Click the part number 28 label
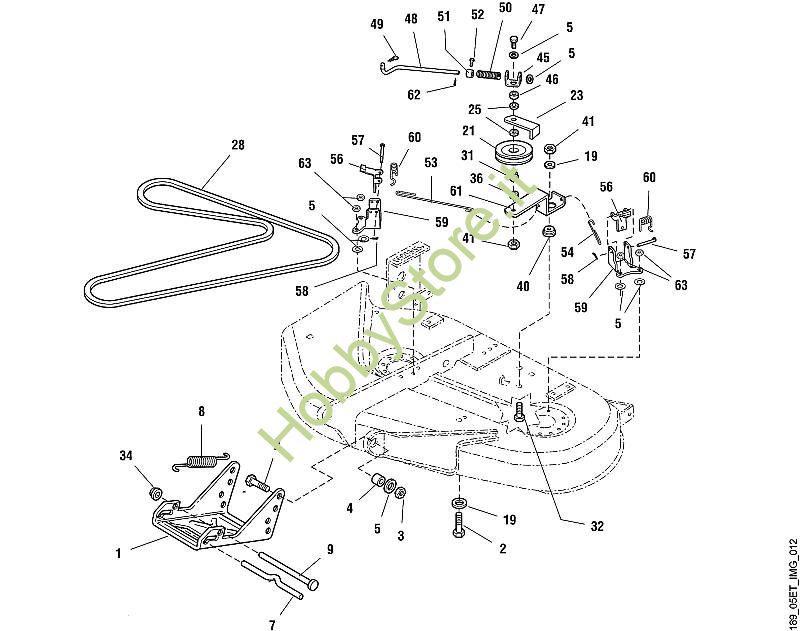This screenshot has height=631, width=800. tap(238, 145)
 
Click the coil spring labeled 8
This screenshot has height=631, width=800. tap(201, 461)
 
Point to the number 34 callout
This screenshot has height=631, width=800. tap(126, 455)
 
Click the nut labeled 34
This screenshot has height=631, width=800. tap(155, 493)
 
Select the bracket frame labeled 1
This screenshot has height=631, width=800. tap(217, 510)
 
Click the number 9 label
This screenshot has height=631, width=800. tap(330, 549)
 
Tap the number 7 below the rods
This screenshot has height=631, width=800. tap(272, 624)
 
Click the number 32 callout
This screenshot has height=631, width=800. tap(597, 526)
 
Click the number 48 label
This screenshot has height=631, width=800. tap(411, 19)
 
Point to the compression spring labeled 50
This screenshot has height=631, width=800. tap(488, 74)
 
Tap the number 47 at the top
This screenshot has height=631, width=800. tap(538, 9)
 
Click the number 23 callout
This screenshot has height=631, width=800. tap(577, 95)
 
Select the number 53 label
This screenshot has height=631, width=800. tap(431, 162)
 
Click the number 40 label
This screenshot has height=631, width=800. tap(523, 286)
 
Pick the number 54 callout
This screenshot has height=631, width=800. tap(567, 252)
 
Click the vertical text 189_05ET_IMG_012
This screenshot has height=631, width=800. tap(792, 583)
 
